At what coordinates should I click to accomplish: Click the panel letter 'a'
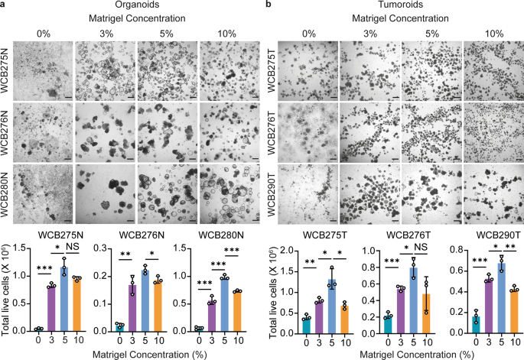[5, 6]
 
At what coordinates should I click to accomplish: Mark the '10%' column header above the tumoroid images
[490, 34]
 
